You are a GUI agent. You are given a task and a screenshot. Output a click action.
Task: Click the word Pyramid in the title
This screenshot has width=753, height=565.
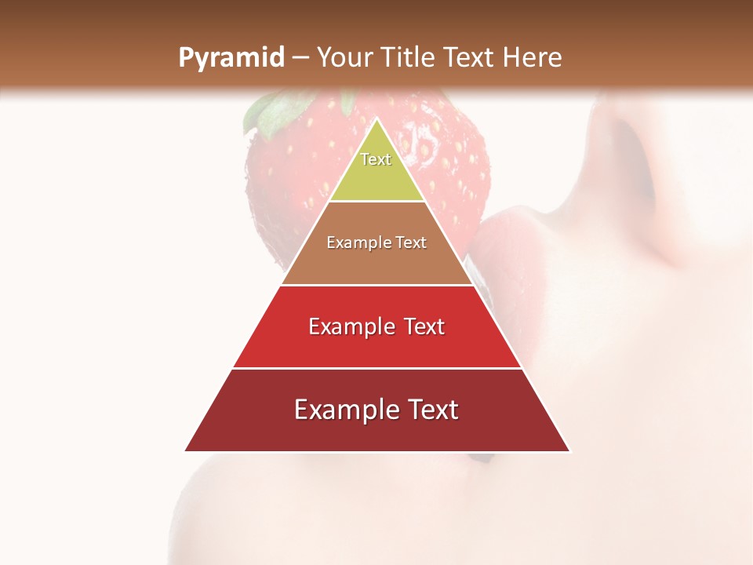[231, 58]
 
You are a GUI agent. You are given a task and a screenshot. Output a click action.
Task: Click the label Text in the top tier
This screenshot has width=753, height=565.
[376, 159]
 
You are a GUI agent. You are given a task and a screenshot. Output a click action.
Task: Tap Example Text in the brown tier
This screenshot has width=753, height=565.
[376, 243]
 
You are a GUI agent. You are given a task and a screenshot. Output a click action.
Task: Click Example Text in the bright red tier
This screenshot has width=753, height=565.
[376, 326]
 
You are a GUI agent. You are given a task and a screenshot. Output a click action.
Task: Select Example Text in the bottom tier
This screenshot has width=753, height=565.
[376, 410]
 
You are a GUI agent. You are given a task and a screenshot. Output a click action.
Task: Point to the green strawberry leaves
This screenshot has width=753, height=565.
[271, 110]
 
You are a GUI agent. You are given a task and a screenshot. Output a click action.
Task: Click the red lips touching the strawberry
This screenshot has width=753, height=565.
[502, 251]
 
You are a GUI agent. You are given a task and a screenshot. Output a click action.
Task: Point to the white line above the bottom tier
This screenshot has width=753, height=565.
[376, 368]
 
